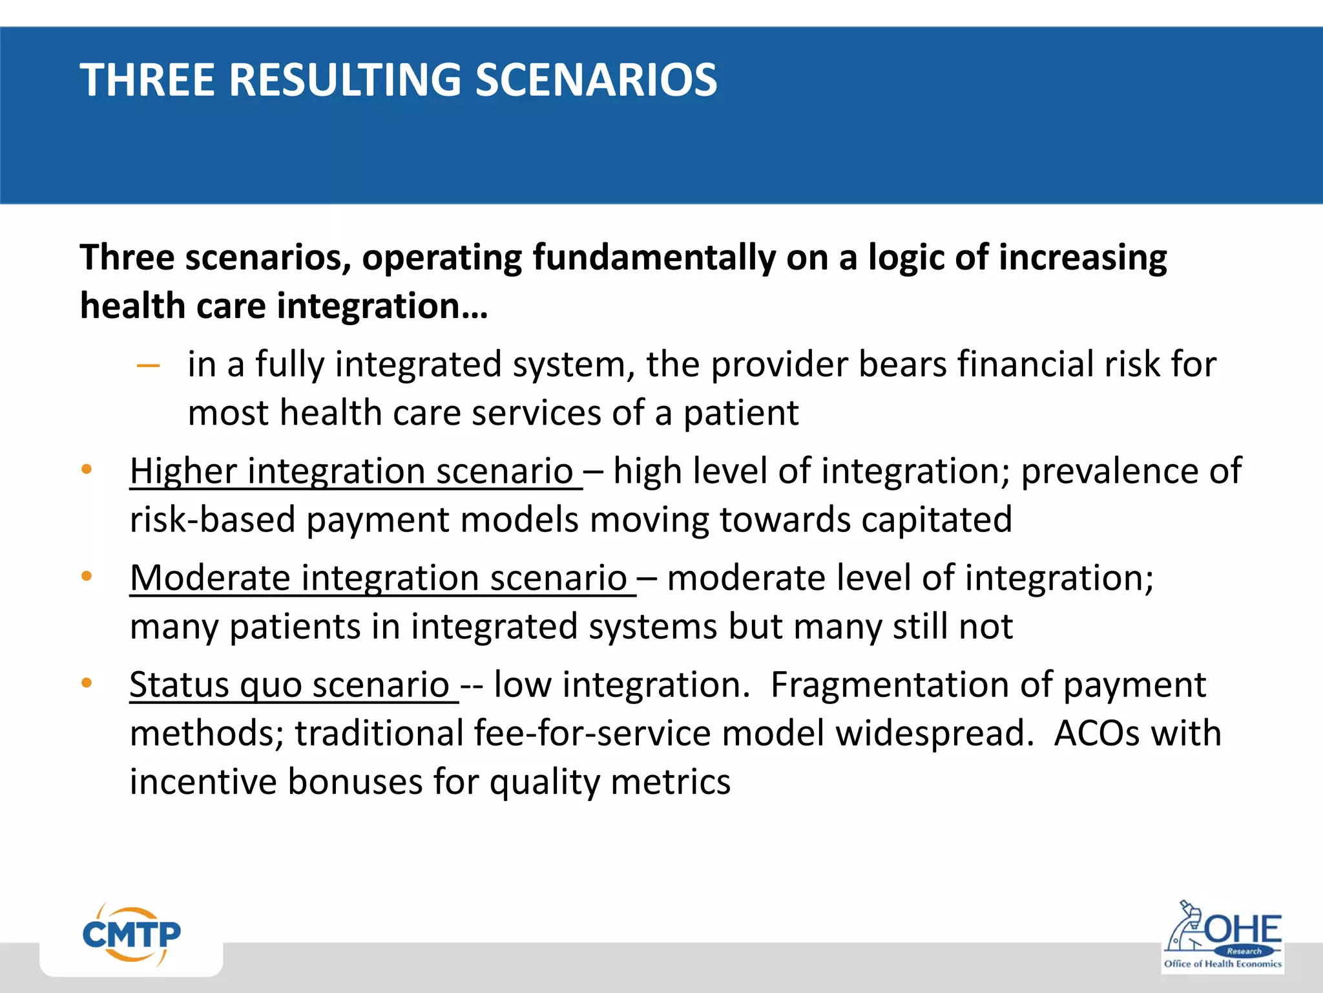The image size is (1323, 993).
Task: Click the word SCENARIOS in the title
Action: click(596, 80)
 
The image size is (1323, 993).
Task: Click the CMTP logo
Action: click(132, 935)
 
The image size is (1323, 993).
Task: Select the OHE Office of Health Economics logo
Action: click(1222, 937)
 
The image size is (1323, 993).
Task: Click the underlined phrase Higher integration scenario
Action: click(351, 471)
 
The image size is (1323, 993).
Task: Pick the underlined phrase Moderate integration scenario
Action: click(379, 577)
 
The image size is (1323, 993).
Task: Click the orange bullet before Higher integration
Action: click(87, 469)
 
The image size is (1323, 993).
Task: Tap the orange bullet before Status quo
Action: click(87, 683)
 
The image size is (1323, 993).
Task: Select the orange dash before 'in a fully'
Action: click(149, 366)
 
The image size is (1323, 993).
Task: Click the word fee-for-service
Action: click(592, 733)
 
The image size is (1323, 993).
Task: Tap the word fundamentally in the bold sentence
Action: click(654, 258)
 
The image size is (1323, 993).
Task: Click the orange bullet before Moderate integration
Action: click(87, 576)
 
